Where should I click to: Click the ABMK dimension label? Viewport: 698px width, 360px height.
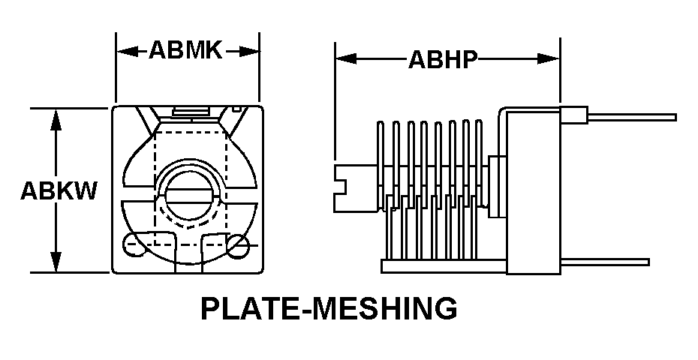click(185, 49)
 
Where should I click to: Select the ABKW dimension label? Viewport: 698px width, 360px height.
click(59, 191)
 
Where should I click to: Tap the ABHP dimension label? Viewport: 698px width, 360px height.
click(443, 59)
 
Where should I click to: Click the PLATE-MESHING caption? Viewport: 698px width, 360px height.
click(329, 308)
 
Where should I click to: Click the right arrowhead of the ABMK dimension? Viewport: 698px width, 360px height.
click(248, 51)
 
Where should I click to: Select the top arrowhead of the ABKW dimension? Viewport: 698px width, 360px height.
click(56, 119)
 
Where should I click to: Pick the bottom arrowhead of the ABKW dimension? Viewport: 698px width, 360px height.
click(56, 262)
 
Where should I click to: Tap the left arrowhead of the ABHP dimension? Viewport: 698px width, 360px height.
click(346, 58)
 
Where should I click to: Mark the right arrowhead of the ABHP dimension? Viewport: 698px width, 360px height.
click(549, 58)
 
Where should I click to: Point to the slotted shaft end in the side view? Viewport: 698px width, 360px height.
click(355, 188)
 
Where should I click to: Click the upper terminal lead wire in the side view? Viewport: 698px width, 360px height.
click(632, 117)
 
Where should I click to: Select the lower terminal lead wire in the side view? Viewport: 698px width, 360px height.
click(604, 262)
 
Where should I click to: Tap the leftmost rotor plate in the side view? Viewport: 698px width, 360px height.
click(381, 166)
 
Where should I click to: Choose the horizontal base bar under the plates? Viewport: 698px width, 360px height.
click(444, 266)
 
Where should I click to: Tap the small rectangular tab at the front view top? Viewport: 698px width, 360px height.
click(191, 112)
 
